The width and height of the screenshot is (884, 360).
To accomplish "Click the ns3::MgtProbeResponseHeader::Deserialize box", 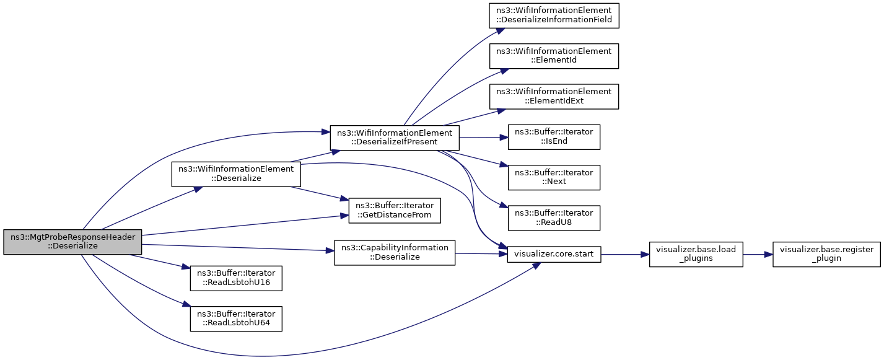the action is coord(72,242).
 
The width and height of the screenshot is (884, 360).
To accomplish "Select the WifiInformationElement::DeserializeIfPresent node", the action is coord(395,138).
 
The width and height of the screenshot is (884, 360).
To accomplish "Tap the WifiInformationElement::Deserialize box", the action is coord(236,174).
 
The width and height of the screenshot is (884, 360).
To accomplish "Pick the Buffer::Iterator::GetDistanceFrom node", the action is coord(395,211).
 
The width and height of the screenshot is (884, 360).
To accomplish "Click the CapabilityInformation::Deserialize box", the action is coord(395,253).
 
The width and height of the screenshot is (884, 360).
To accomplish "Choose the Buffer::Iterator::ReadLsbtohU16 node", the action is coord(236,278).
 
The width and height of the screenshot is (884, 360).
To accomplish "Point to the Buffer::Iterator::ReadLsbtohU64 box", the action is coord(236,319).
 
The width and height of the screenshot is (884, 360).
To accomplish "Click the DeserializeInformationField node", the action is coord(554,15).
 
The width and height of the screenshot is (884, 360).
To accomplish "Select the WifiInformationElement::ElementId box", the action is coord(554,56).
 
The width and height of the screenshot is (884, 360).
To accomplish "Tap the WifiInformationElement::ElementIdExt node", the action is coord(554,96).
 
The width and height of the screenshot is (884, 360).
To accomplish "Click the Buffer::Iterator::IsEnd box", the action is coord(554,137).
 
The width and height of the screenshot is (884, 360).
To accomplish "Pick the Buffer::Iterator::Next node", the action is coord(554,177).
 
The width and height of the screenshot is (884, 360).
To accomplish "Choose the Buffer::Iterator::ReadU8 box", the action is coord(554,218).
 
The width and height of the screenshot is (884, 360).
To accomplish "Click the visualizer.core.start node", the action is coord(554,254).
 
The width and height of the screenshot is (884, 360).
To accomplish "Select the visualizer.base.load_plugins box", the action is coord(696,254).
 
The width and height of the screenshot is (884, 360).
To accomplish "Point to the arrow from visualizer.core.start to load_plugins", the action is coord(625,255).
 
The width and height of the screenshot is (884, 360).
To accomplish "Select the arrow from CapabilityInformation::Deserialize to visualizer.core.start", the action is coord(481,254).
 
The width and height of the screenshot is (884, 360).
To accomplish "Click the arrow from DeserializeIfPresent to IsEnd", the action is coord(484,138).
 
